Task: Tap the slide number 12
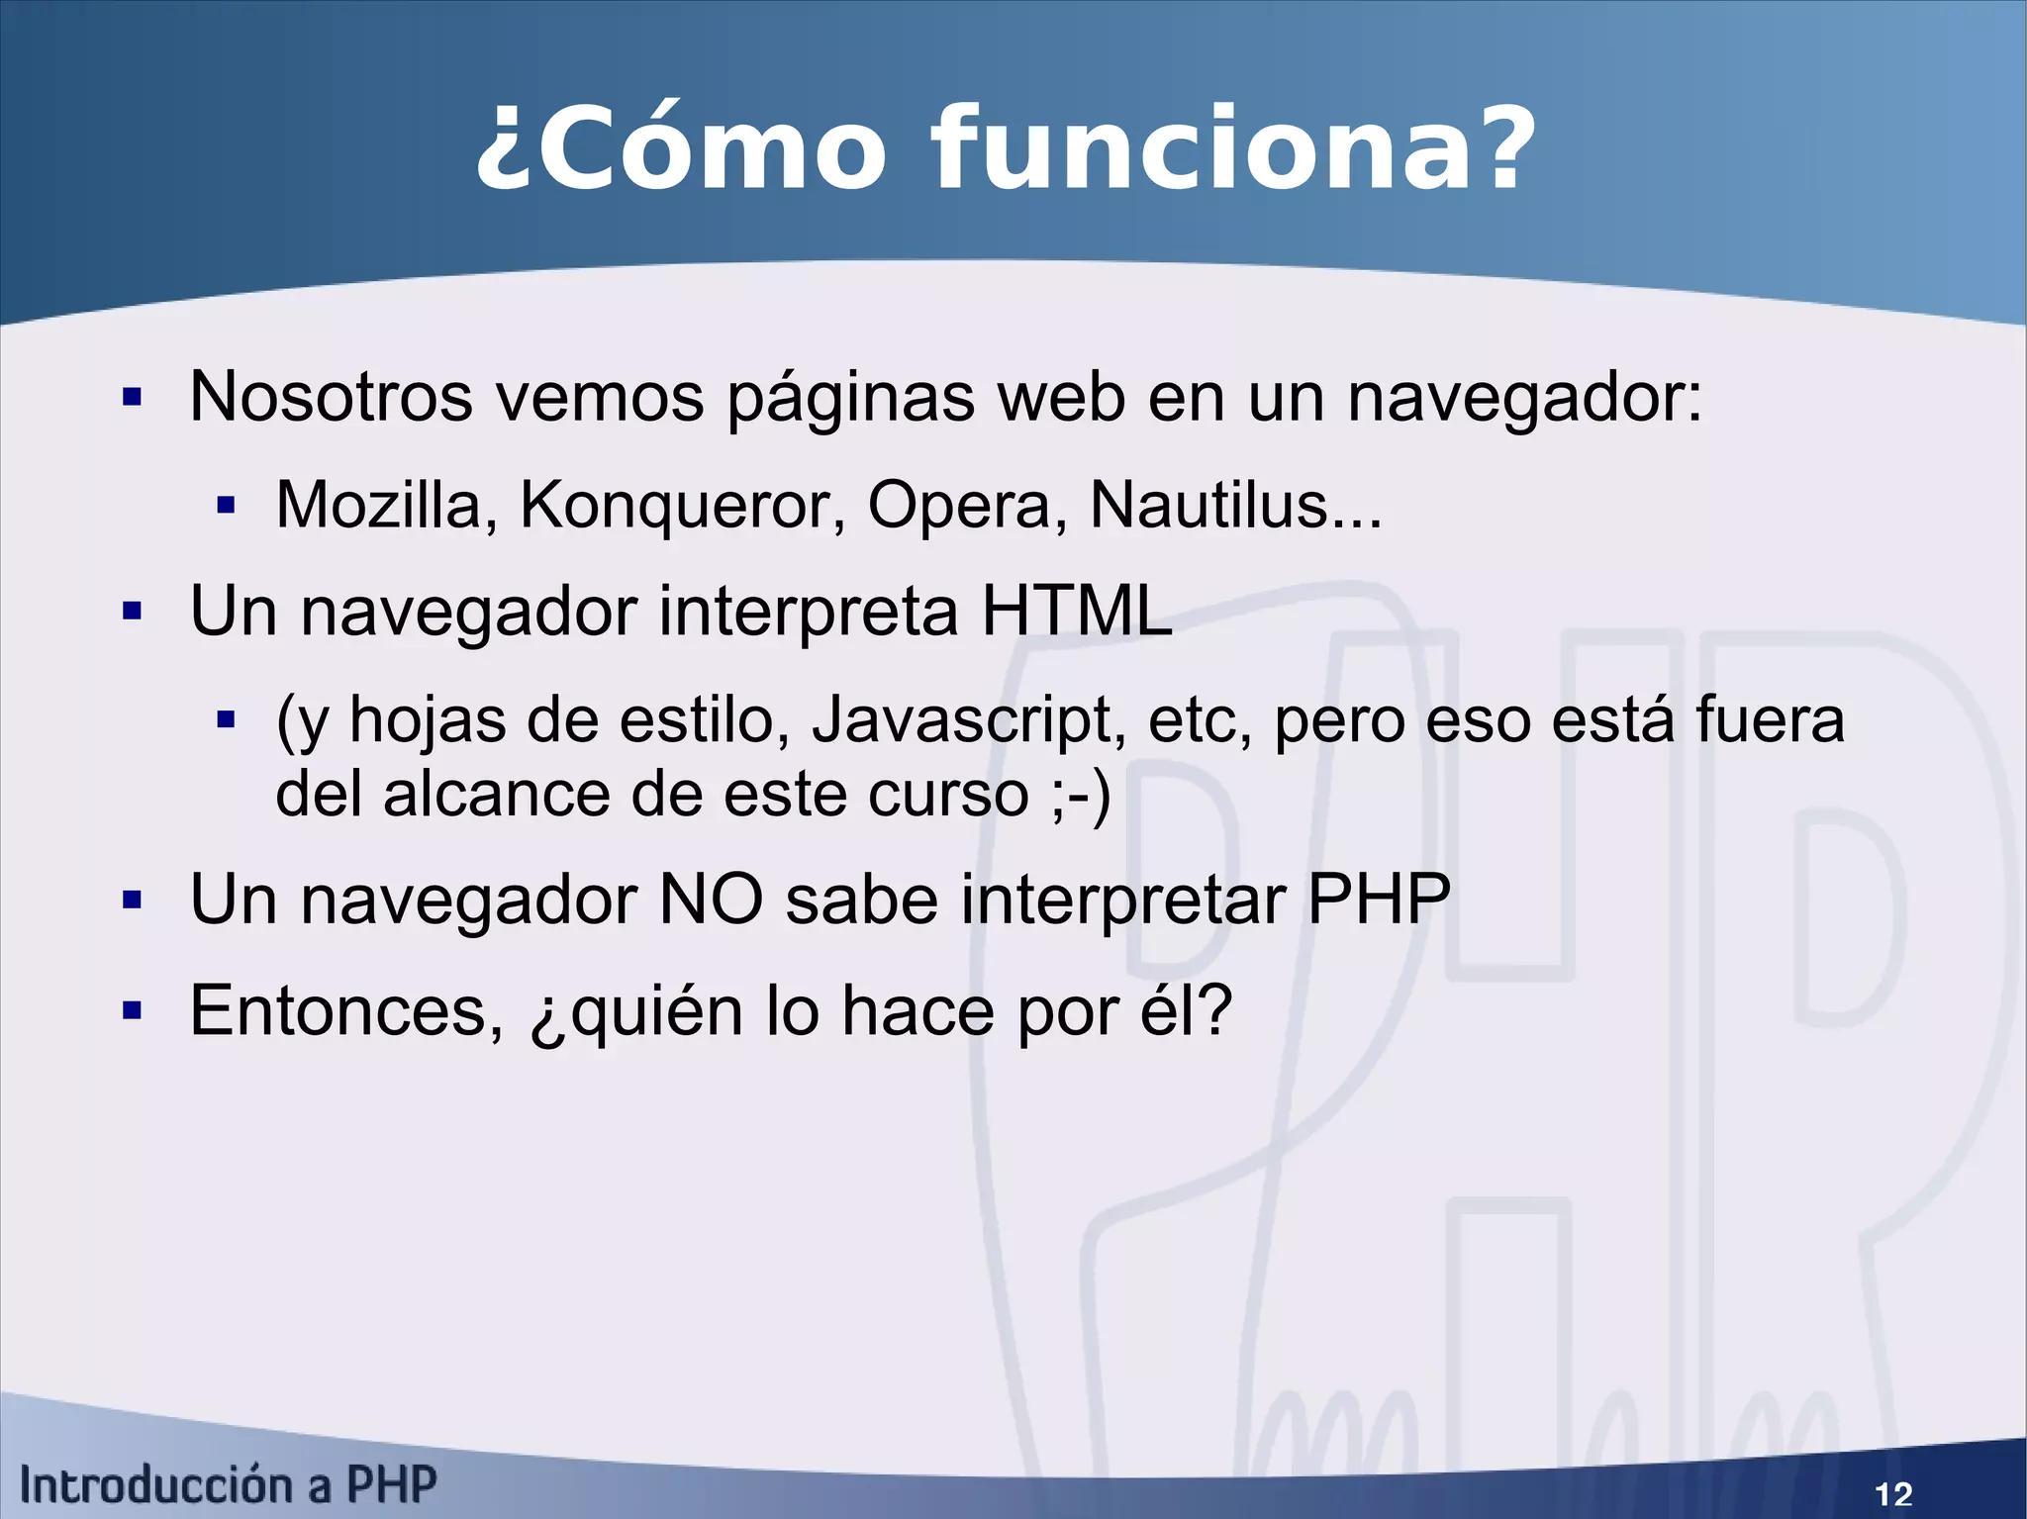coord(1893,1493)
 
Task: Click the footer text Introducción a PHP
coord(229,1485)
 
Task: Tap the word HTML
coord(1076,611)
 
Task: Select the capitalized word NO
coord(711,900)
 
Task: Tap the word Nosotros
coord(331,396)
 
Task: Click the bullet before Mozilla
coord(226,507)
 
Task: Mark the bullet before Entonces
coord(133,1011)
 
